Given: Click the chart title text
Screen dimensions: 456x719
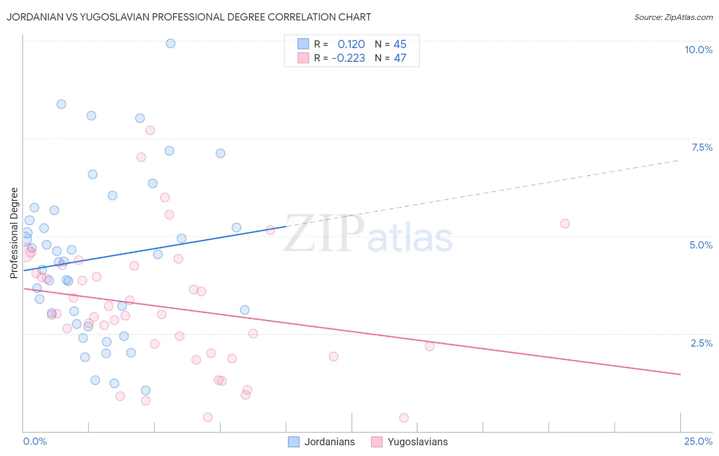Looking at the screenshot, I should coord(189,17).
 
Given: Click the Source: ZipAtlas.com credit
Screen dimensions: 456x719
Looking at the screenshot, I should coord(673,17).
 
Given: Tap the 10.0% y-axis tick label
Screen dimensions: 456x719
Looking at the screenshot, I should coord(698,50).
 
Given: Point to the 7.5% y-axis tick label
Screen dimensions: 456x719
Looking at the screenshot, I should coord(702,147).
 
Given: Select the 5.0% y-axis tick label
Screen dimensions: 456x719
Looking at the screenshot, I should coord(701,245).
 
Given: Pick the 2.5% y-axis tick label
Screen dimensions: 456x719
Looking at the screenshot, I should coord(701,343).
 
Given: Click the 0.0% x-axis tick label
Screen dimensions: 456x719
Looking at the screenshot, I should coord(35,441).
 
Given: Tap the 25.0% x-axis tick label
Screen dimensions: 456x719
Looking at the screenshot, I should coord(698,441).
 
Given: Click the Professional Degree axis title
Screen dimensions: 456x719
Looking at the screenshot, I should coord(14,233).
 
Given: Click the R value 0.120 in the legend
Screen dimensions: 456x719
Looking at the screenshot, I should coord(351,44).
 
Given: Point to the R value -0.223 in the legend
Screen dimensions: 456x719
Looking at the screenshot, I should coord(348,58).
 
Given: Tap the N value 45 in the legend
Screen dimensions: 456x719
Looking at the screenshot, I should coord(399,44).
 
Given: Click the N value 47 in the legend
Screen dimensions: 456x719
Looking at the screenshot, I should coord(399,58).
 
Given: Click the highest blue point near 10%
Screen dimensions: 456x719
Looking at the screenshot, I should coord(171,43).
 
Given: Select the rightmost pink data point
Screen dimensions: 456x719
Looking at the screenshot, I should coord(565,223).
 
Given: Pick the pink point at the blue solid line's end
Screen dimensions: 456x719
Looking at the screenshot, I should coord(271,230).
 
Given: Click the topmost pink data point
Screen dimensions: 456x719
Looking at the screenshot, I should coord(150,130).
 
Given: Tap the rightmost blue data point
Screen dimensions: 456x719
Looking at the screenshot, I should coord(245,310).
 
